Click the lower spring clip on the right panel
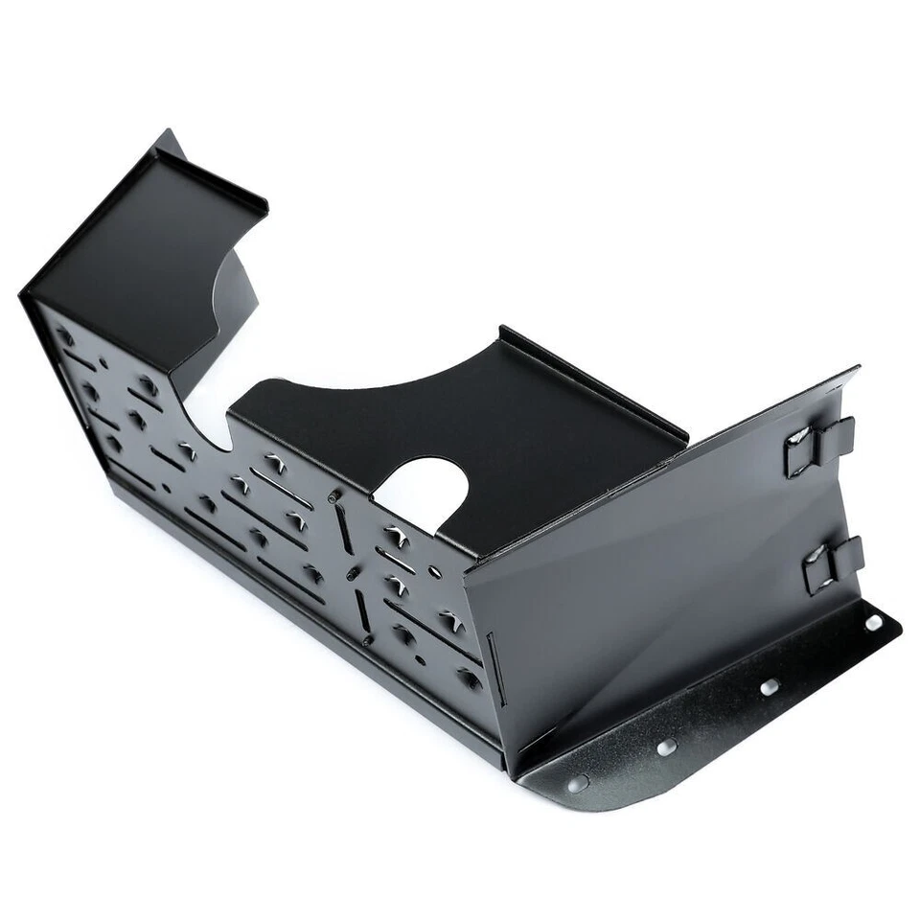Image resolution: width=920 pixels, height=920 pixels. click(x=831, y=563)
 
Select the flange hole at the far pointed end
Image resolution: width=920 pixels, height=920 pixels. click(x=873, y=623)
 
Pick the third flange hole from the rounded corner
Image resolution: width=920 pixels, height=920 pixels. click(x=769, y=687)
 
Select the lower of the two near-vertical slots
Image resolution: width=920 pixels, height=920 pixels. click(x=363, y=613)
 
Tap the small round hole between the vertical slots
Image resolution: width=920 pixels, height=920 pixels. click(x=353, y=573)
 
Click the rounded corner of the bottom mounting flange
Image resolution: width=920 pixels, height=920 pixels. click(x=556, y=792)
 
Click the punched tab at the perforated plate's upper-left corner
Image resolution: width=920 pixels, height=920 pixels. click(x=65, y=335)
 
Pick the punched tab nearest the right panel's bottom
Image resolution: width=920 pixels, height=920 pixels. click(x=470, y=678)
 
